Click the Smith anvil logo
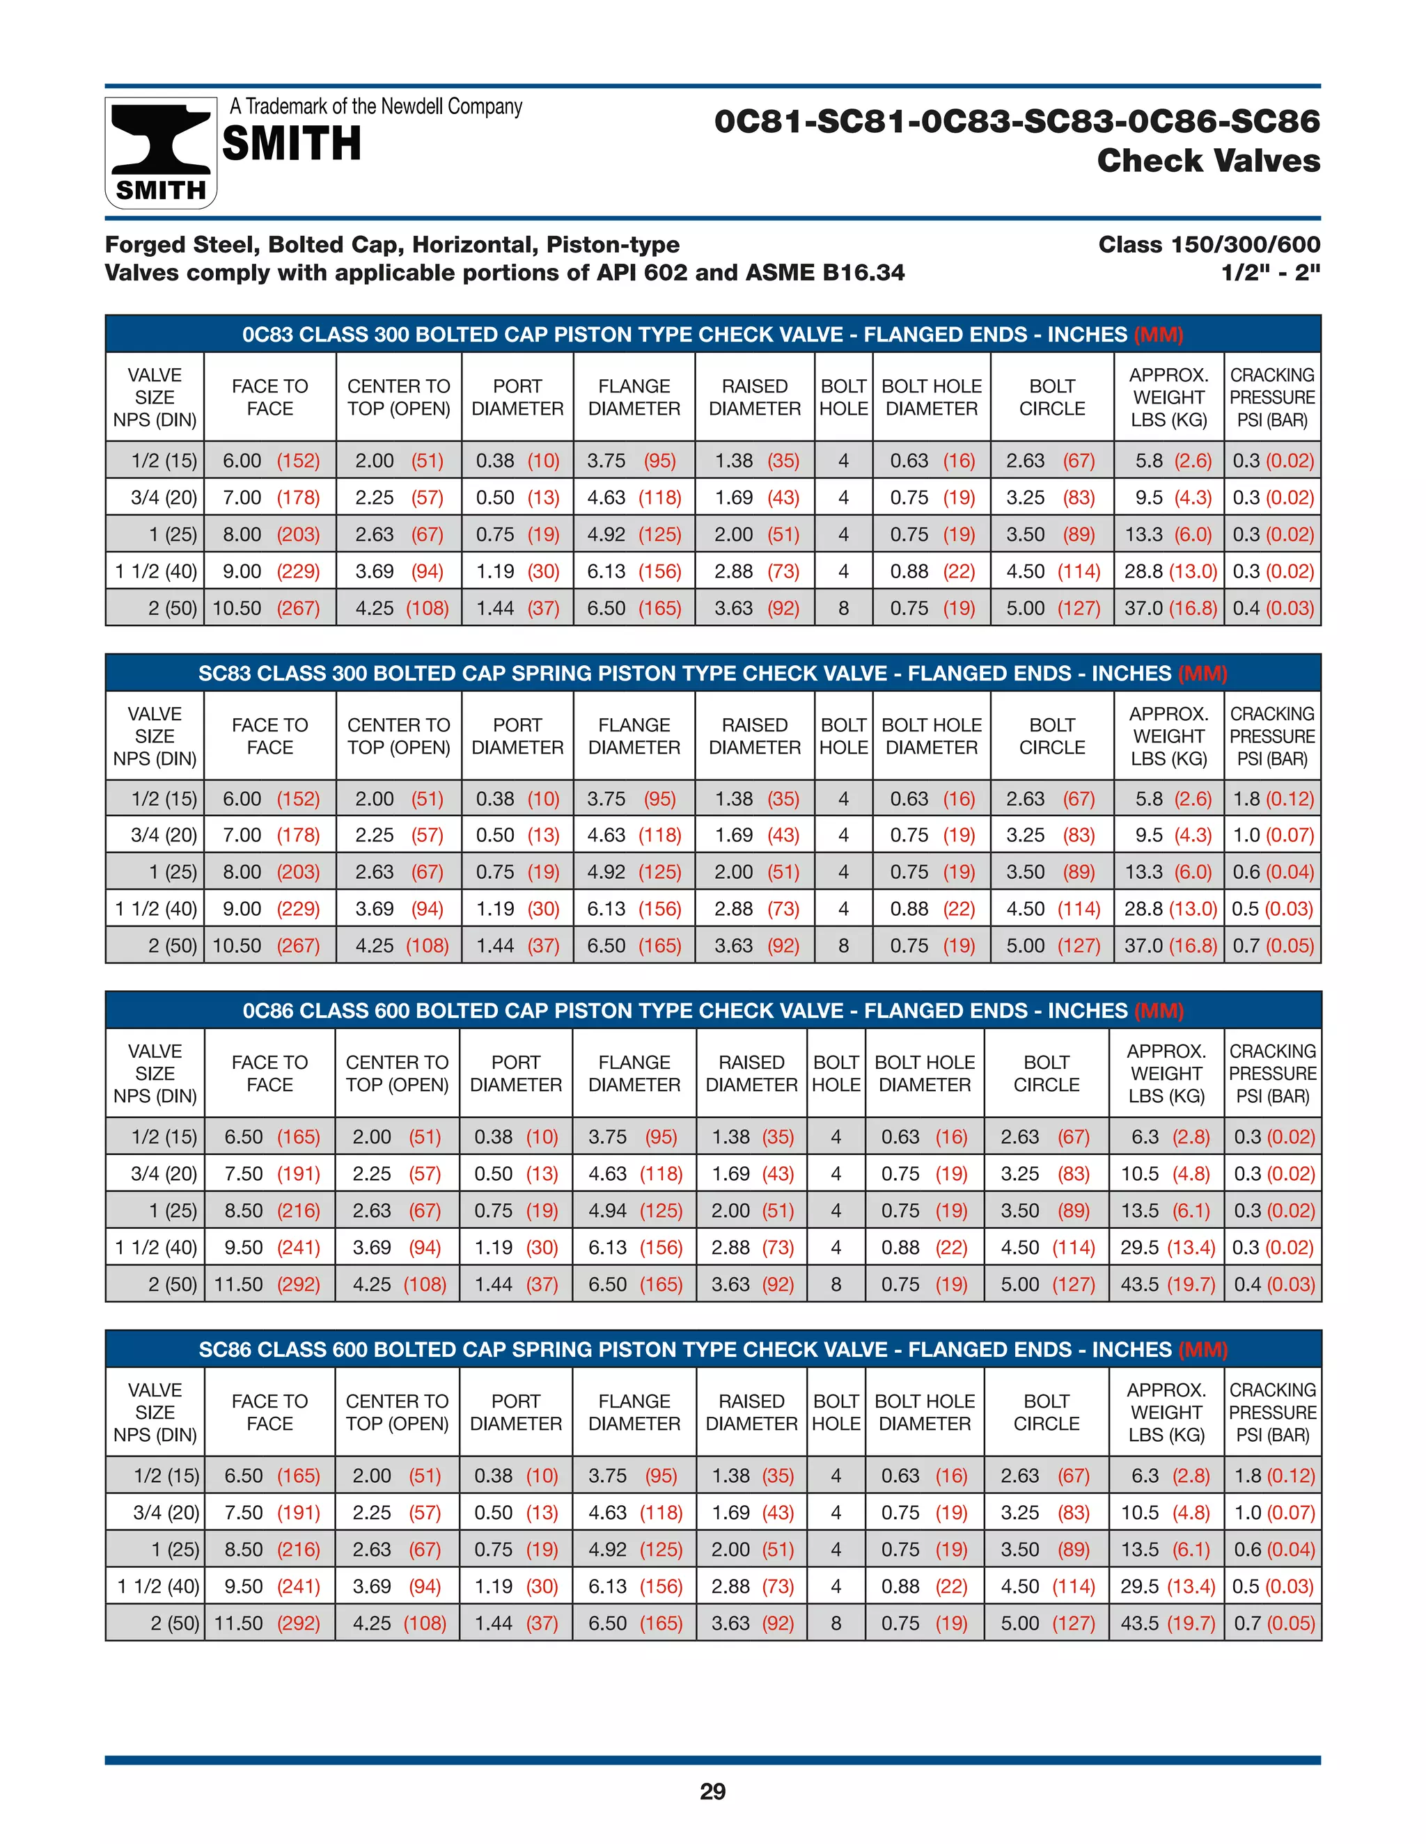pos(161,152)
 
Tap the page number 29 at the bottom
pos(712,1791)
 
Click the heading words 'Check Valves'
pos(1208,161)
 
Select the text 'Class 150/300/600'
pos(1209,245)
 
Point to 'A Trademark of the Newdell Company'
pos(376,106)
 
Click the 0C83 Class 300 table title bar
pos(712,334)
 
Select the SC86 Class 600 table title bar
pos(712,1349)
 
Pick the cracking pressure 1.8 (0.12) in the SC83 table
pos(1272,799)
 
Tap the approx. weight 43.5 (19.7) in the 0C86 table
pos(1167,1285)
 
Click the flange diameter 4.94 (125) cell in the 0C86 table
pos(634,1211)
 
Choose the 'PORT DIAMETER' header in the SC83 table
pos(517,736)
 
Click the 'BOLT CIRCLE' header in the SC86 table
pos(1046,1413)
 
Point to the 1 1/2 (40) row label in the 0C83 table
pos(156,571)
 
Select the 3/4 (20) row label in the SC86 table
pos(166,1512)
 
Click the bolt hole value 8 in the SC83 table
pos(843,946)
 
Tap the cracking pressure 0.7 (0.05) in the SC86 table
pos(1273,1623)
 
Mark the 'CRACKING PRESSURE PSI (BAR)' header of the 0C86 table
pos(1272,1073)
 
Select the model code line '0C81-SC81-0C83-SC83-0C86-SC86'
pos(1017,122)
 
